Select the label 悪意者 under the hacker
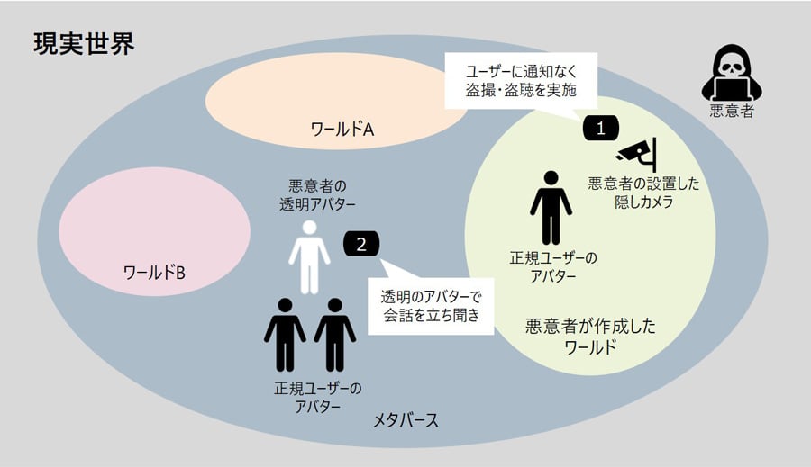click(731, 112)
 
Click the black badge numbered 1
click(601, 128)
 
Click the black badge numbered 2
click(361, 243)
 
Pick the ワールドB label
click(154, 271)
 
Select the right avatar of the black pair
click(335, 334)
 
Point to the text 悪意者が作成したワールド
click(590, 337)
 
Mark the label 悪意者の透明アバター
click(312, 193)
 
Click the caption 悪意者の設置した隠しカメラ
click(643, 193)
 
